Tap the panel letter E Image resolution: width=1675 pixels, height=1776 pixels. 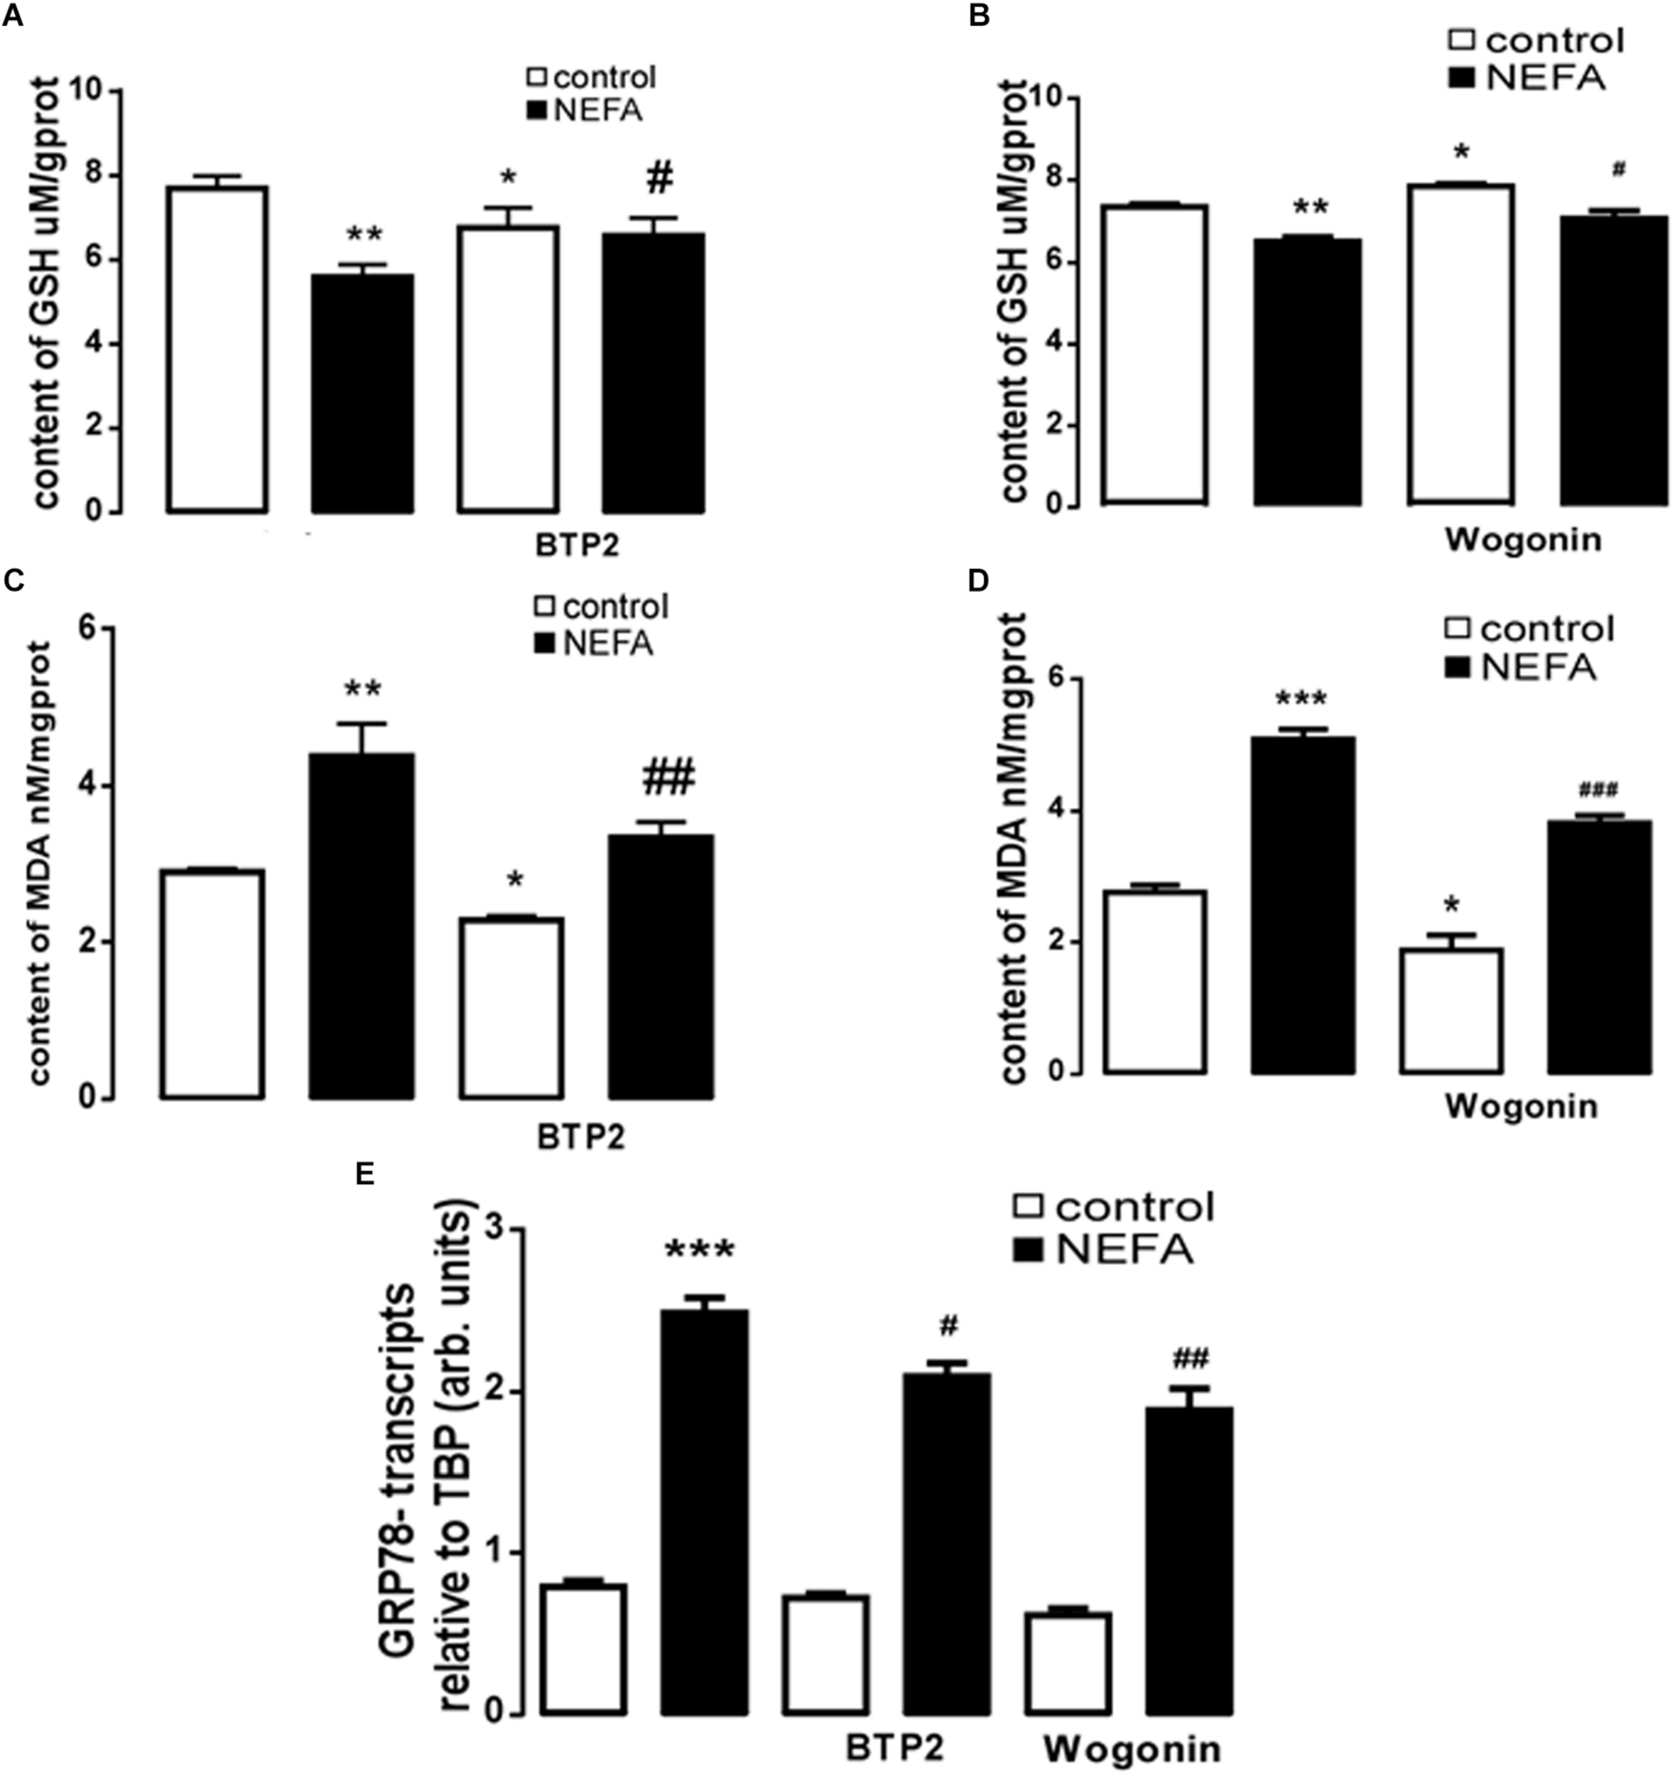364,1173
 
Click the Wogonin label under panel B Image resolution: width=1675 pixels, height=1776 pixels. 1522,540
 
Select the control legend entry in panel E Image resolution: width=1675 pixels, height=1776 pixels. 1115,1207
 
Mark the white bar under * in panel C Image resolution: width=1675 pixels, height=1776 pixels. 511,1008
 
